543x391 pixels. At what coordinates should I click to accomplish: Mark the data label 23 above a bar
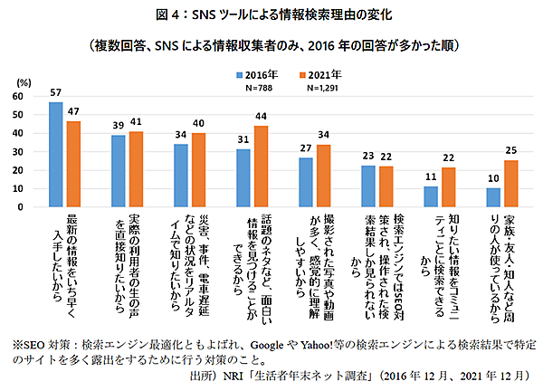[x=367, y=157]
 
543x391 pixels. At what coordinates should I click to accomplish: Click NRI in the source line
[x=240, y=374]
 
